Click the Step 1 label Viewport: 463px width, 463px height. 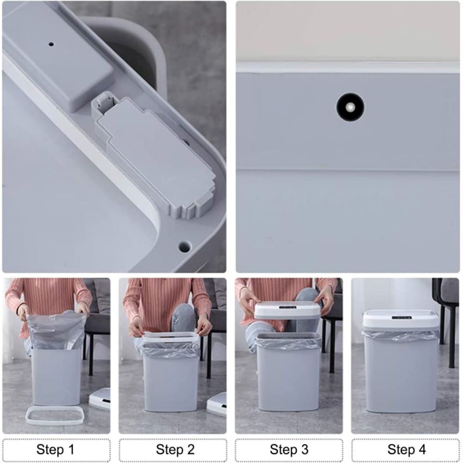click(56, 450)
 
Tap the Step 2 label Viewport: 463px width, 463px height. click(175, 450)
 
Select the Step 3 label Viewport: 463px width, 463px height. click(289, 450)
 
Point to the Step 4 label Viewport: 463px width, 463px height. click(407, 450)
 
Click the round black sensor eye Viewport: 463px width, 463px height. click(350, 107)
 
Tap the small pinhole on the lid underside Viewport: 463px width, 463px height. click(51, 44)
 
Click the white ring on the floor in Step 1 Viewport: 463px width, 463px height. click(56, 416)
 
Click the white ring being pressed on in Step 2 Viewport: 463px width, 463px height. click(170, 339)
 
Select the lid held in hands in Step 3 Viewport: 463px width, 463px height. click(288, 310)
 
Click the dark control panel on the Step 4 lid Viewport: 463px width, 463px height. click(401, 318)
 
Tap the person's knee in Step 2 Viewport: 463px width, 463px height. click(184, 319)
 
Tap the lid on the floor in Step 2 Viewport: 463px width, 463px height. click(217, 404)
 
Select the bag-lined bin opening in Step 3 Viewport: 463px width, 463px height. click(288, 340)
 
